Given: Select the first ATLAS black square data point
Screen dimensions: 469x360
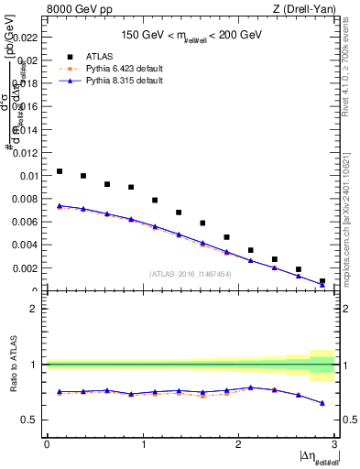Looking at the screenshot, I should tap(60, 171).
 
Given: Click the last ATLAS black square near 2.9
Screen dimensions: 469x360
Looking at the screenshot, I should tap(322, 281).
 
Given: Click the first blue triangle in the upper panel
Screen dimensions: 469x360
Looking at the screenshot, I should tap(60, 206).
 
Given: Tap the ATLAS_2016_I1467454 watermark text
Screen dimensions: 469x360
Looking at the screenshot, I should tap(191, 274).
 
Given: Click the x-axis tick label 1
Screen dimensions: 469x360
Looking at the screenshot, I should tap(142, 444).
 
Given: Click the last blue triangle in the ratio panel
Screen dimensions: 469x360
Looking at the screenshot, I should tap(322, 403).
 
